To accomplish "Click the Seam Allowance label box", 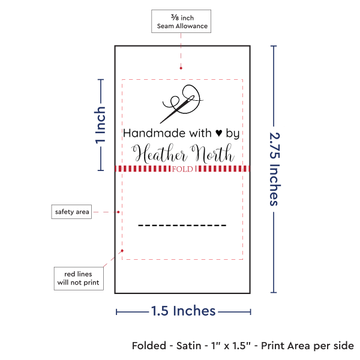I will click(181, 22).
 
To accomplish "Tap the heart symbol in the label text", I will click(219, 133).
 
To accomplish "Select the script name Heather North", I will click(182, 154).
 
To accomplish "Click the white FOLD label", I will click(182, 169).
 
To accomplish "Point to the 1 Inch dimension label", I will click(101, 125).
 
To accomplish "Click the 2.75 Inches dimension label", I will click(274, 169).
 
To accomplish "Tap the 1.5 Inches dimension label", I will click(183, 311).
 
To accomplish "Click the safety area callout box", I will click(72, 212).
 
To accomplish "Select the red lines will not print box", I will click(77, 278).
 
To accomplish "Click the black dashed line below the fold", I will click(182, 226).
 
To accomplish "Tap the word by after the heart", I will click(233, 134).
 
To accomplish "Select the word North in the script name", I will click(212, 154).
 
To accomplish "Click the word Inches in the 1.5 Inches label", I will click(194, 311).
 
